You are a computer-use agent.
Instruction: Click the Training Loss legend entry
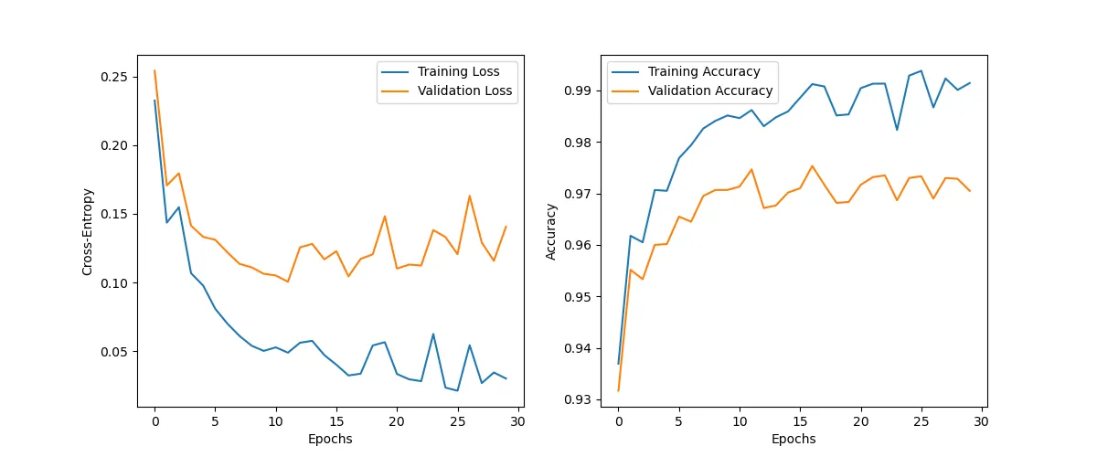pyautogui.click(x=465, y=71)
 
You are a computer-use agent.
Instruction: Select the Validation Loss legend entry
pyautogui.click(x=464, y=91)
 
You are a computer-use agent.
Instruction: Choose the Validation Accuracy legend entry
pyautogui.click(x=709, y=91)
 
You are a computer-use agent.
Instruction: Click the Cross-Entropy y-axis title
pyautogui.click(x=88, y=232)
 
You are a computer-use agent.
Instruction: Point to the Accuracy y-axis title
pyautogui.click(x=551, y=232)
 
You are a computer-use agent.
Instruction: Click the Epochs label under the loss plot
pyautogui.click(x=330, y=439)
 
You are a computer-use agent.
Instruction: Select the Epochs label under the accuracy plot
pyautogui.click(x=793, y=439)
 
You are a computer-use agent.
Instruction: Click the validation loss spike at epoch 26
pyautogui.click(x=470, y=196)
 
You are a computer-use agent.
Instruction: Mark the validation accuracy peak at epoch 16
pyautogui.click(x=812, y=165)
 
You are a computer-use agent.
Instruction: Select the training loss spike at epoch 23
pyautogui.click(x=433, y=334)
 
